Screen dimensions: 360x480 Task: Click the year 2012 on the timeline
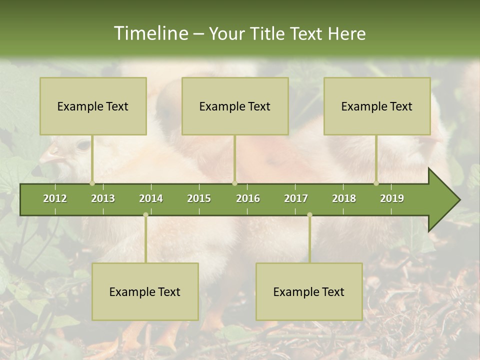point(55,198)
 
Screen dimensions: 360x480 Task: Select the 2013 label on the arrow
point(103,198)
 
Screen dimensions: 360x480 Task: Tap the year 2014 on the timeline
point(151,198)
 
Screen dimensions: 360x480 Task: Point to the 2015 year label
point(199,198)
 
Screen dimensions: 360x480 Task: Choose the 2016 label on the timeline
point(248,198)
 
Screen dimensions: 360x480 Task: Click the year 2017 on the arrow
point(296,198)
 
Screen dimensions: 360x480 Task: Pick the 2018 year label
point(344,198)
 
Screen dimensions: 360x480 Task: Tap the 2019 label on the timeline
point(392,198)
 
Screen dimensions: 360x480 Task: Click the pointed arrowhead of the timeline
point(445,200)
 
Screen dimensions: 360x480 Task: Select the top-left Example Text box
point(93,106)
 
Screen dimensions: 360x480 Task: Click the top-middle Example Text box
point(235,106)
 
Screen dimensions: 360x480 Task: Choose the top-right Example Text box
point(377,106)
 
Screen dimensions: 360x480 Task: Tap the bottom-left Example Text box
point(145,291)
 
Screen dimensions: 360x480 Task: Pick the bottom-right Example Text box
point(309,291)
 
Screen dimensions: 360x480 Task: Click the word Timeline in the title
point(150,33)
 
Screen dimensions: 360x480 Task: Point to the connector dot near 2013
point(92,183)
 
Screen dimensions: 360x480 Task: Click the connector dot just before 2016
point(234,183)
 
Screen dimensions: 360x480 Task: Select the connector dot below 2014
point(145,215)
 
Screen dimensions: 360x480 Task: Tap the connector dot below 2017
point(309,215)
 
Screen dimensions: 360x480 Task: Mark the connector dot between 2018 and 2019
point(376,183)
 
